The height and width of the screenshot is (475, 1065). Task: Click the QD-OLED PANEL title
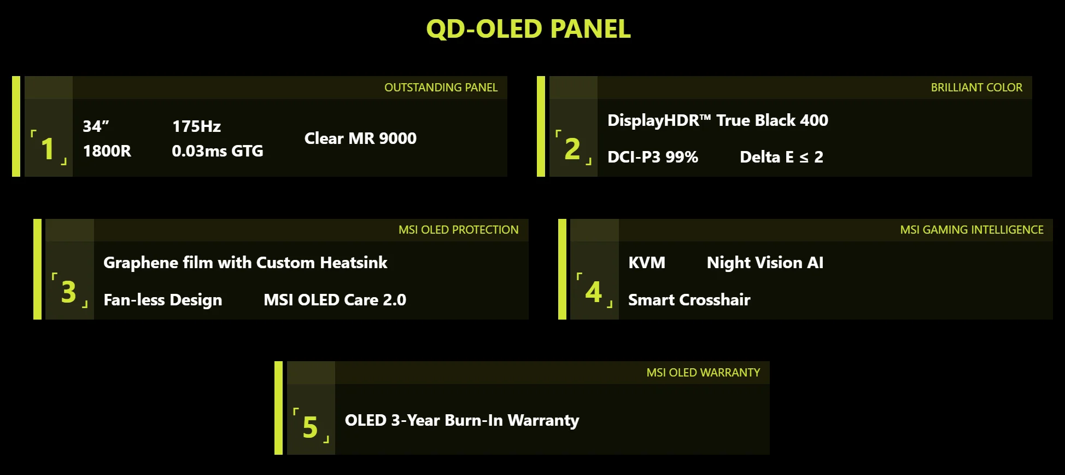528,29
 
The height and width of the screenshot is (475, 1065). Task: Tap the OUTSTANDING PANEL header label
441,88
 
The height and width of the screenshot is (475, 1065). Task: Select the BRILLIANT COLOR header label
976,88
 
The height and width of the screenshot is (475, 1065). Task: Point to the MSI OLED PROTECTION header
458,230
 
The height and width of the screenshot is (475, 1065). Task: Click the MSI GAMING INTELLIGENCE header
972,230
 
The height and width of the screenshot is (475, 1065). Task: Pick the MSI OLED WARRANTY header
703,373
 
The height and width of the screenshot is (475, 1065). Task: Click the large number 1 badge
48,148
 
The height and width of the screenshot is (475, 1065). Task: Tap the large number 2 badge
572,148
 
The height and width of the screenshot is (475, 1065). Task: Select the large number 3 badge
69,291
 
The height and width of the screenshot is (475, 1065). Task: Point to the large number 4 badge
593,291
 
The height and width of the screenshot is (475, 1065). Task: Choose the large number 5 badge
310,427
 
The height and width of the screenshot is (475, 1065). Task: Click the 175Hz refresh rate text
196,126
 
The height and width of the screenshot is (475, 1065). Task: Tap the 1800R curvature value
107,151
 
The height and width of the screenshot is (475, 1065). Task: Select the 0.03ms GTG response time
218,151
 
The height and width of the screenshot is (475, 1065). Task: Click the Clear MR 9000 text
360,138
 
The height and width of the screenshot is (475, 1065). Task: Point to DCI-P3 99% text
653,157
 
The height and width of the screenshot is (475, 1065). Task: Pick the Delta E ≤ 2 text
781,157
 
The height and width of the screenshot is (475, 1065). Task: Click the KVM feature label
647,263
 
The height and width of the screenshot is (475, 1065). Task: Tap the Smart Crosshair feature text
689,300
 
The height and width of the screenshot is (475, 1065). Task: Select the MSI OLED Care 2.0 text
335,300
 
